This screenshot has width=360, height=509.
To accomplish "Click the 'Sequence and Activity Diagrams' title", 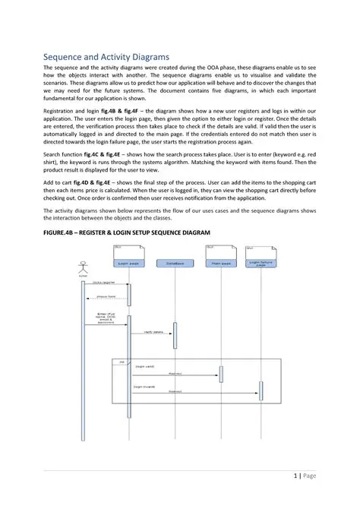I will [x=106, y=57].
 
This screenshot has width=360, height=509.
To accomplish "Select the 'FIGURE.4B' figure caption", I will [x=126, y=232].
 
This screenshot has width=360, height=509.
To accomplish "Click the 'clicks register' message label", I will [x=104, y=281].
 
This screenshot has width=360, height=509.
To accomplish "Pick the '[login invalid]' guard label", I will [x=146, y=386].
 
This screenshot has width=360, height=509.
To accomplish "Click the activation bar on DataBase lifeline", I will [x=175, y=335].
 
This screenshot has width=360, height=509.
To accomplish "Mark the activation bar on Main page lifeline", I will [x=221, y=374].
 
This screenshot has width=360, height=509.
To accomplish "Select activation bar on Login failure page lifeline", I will [x=261, y=390].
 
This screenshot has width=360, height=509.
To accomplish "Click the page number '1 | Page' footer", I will [x=304, y=476].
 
